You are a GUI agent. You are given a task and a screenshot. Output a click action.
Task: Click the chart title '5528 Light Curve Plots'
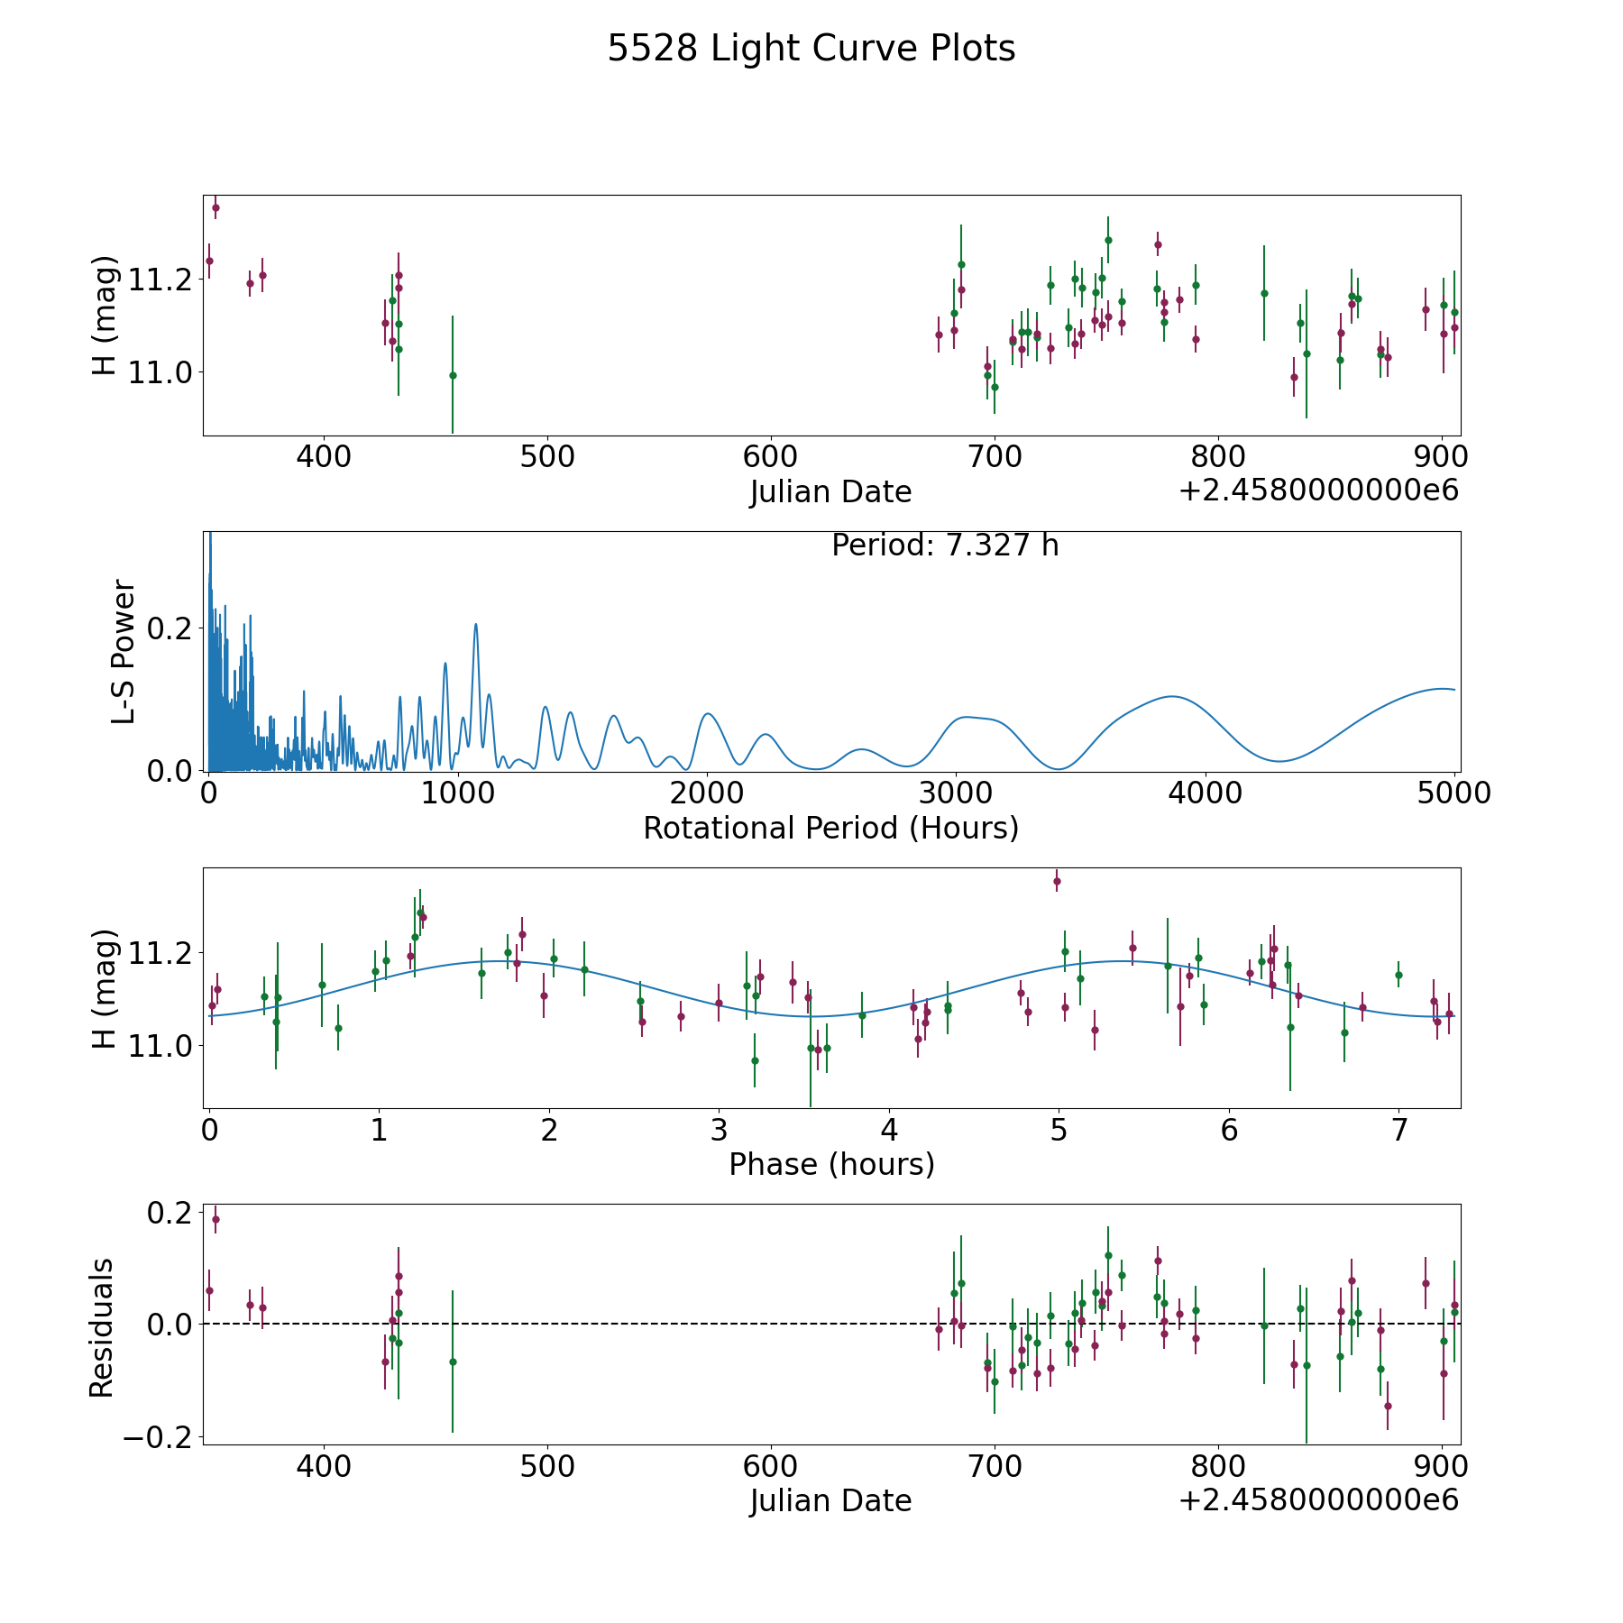tap(811, 49)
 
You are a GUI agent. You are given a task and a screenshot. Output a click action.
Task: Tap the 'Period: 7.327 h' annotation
tap(945, 546)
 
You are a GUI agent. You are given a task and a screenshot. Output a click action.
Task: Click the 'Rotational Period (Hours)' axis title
tap(830, 828)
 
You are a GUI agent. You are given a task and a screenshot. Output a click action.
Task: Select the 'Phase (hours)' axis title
tap(831, 1165)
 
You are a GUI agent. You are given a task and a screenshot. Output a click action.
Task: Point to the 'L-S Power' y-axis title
tap(124, 652)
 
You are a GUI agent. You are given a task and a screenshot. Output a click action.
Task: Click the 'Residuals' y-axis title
tap(102, 1327)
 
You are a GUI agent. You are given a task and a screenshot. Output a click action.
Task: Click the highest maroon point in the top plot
tap(215, 207)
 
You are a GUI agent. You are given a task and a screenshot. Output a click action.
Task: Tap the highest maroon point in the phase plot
tap(1057, 881)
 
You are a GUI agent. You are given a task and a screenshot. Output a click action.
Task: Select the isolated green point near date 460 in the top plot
tap(453, 375)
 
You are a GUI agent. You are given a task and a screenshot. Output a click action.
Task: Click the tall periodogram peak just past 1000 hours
tap(475, 624)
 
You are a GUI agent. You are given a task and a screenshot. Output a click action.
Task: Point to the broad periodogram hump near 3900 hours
tap(1171, 696)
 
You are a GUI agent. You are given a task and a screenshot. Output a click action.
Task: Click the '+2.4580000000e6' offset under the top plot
tap(1318, 491)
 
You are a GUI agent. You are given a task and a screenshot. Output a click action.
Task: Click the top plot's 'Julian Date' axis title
tap(830, 492)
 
